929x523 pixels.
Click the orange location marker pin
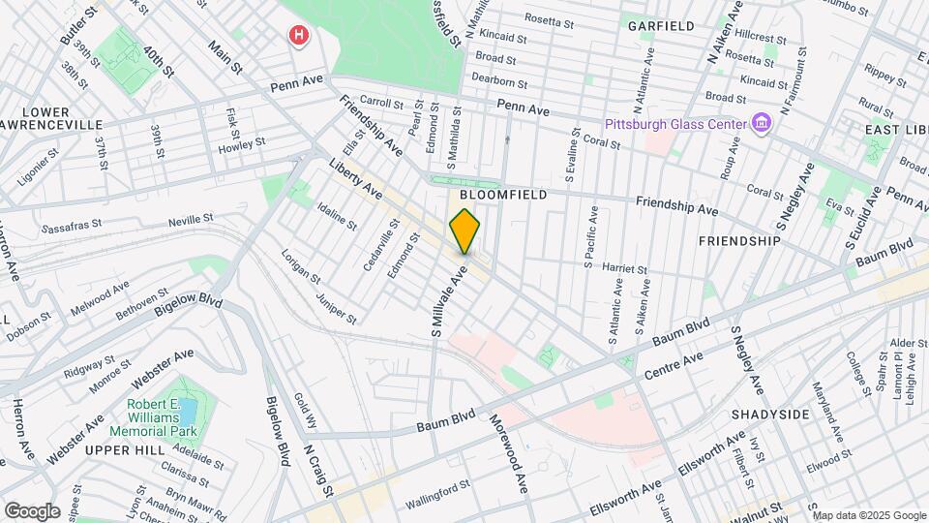[x=464, y=231]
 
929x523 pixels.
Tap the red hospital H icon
[x=300, y=37]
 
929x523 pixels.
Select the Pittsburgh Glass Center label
[x=674, y=125]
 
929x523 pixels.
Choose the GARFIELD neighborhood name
[x=661, y=26]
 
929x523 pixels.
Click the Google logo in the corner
[x=31, y=510]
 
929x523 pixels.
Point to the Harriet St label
[x=624, y=268]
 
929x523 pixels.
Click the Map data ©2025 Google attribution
[x=868, y=514]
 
